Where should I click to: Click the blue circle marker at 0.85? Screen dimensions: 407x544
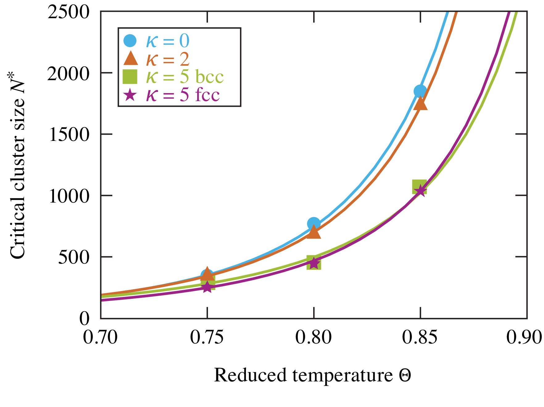tap(420, 91)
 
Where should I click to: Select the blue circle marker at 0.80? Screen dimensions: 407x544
tap(314, 223)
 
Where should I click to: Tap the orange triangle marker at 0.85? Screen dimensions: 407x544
tap(420, 104)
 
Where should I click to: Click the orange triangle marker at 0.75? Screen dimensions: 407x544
tap(207, 273)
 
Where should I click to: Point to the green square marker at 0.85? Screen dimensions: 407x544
tap(419, 187)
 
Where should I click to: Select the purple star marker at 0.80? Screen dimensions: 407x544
tap(314, 263)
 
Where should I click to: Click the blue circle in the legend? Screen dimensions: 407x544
tap(130, 41)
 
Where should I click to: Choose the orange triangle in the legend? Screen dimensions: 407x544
tap(131, 59)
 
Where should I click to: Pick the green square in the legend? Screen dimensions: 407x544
tap(130, 77)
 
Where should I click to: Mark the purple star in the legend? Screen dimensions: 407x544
tap(130, 95)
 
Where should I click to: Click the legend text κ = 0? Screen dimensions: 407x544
tap(168, 41)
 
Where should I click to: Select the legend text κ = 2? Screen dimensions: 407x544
tap(168, 59)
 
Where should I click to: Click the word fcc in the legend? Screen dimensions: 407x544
tap(207, 94)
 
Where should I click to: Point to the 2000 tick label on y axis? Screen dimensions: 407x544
tap(69, 74)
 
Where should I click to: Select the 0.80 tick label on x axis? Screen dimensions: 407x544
tap(314, 337)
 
